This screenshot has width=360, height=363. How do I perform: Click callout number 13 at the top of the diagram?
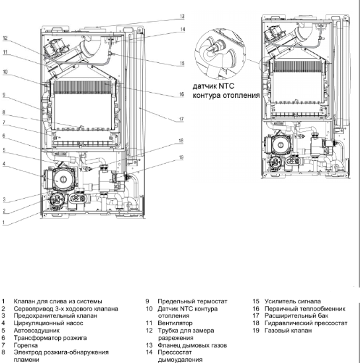point(182,17)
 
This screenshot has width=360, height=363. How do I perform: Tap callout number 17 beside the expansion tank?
point(181,119)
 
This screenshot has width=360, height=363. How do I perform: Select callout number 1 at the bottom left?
point(3,223)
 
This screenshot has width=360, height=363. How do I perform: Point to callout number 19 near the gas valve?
point(181,158)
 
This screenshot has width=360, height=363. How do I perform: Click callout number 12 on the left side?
point(5,38)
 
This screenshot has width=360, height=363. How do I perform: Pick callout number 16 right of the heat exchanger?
point(181,94)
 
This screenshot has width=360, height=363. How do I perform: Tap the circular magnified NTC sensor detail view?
point(220,54)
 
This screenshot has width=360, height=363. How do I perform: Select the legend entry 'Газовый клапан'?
point(288,331)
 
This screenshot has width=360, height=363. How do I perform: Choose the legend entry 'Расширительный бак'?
point(296,316)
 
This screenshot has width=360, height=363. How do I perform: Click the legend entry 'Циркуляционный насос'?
point(48,323)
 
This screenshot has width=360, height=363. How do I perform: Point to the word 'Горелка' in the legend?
point(26,345)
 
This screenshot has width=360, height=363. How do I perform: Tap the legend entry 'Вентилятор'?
point(175,323)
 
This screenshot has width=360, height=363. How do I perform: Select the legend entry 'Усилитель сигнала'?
point(292,301)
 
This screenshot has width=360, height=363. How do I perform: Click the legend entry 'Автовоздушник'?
point(36,331)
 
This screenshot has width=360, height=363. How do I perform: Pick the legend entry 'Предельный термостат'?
point(193,301)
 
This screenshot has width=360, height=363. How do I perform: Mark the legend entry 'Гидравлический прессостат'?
point(306,323)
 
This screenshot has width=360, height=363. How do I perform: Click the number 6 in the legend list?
point(3,338)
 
